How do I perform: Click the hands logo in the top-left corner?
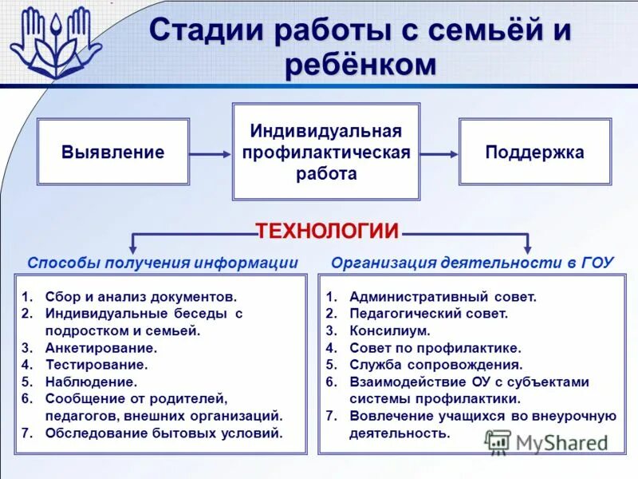point(54,42)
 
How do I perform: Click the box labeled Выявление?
point(113,152)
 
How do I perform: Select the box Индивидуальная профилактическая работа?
point(325,152)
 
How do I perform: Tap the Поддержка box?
point(534,152)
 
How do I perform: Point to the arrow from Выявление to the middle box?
point(211,153)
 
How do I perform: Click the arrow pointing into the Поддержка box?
point(439,153)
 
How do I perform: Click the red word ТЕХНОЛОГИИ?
point(327,232)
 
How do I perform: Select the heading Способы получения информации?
point(163,263)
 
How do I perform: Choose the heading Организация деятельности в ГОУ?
point(473,263)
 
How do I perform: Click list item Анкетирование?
point(101,348)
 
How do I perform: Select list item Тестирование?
point(96,365)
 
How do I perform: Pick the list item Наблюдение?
point(92,382)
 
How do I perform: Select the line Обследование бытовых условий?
point(164,433)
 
